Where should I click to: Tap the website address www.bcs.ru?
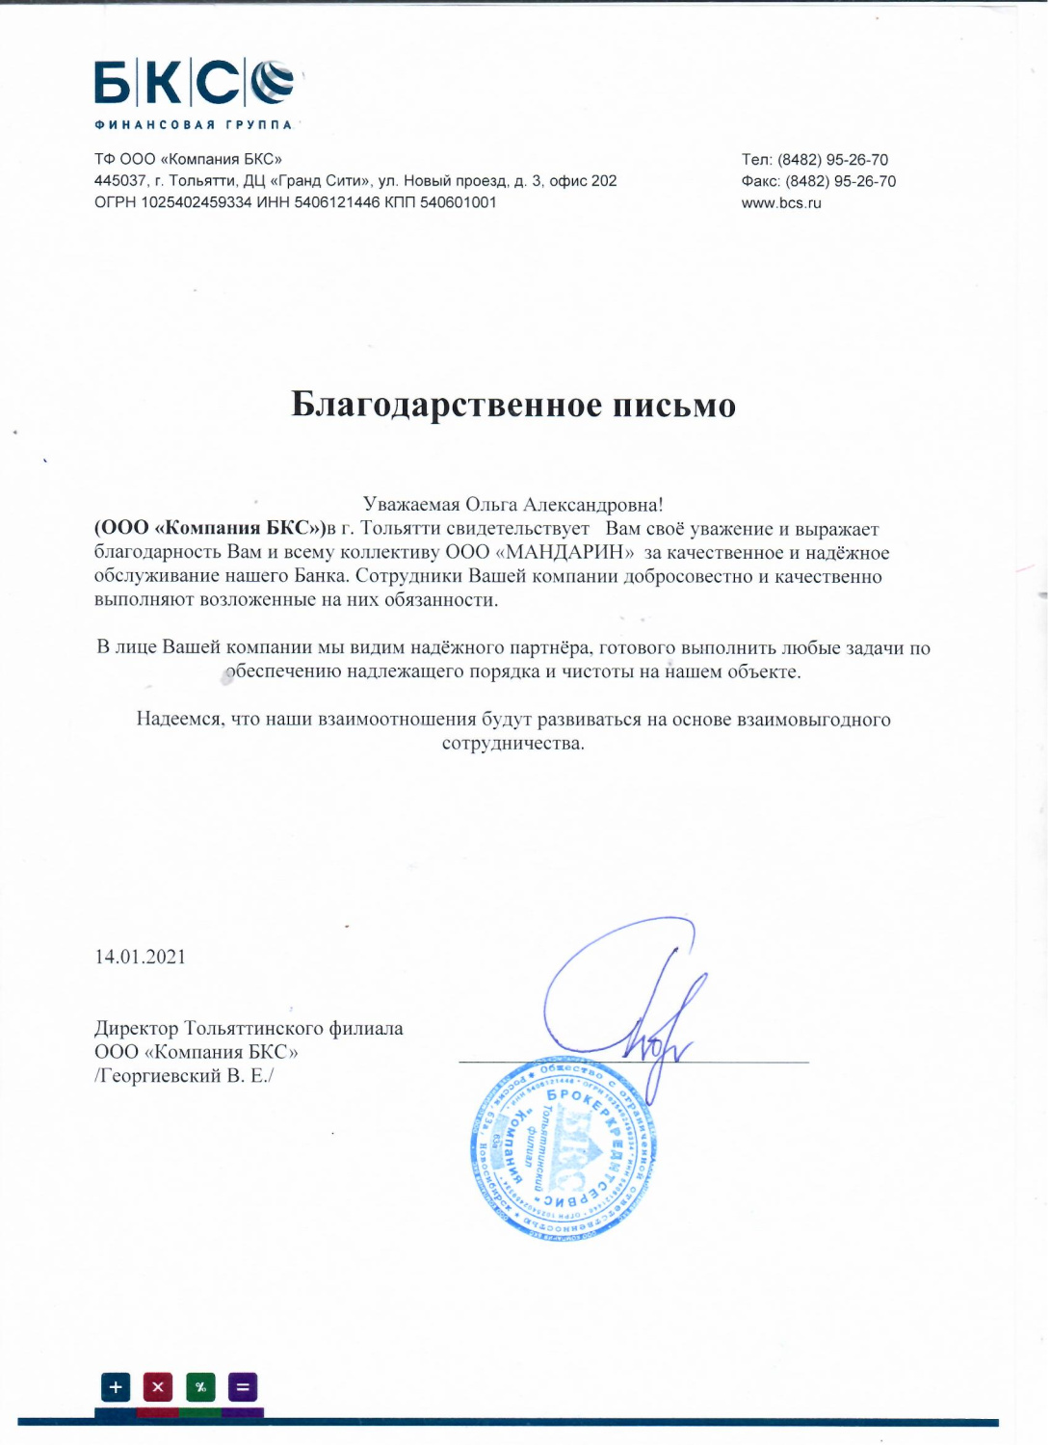pos(781,203)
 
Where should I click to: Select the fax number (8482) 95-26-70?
pos(840,182)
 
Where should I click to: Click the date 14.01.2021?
pos(140,957)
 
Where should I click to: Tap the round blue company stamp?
pos(564,1148)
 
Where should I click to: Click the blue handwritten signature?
pos(626,1002)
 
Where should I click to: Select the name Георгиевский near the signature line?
pos(159,1076)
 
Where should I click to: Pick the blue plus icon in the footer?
pos(116,1387)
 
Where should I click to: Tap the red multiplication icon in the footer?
pos(158,1387)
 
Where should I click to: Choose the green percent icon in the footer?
pos(200,1387)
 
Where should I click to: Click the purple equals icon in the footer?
pos(243,1387)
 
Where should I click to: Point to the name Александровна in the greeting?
pos(592,505)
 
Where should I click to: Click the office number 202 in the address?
pos(604,181)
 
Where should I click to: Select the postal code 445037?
pos(120,181)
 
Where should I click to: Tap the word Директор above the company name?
pos(137,1029)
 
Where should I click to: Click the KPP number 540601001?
pos(458,202)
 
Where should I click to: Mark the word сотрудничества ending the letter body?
pos(512,744)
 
